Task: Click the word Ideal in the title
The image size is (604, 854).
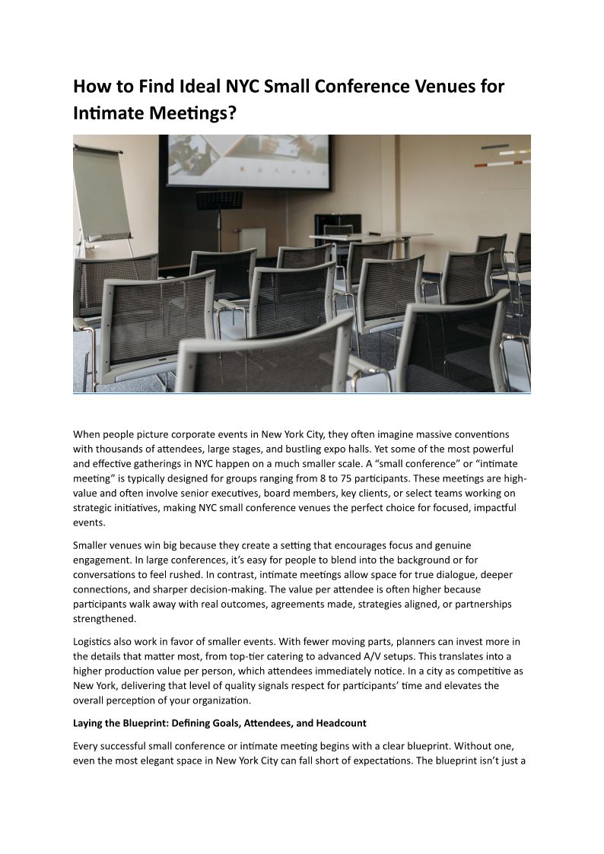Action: pos(205,86)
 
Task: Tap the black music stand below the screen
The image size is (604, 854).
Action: pos(219,200)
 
